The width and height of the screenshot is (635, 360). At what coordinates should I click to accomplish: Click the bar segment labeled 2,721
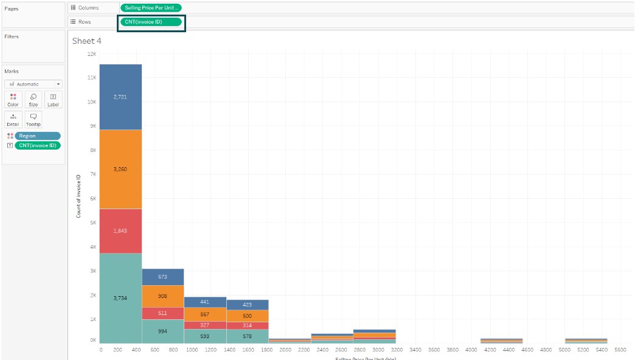(x=120, y=97)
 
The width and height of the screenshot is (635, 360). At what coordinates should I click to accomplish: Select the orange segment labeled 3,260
(x=120, y=169)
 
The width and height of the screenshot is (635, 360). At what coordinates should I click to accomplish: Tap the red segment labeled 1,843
(x=120, y=230)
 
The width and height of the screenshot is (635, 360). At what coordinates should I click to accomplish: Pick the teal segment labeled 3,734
(x=120, y=298)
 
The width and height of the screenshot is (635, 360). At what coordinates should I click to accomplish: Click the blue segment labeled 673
(x=162, y=277)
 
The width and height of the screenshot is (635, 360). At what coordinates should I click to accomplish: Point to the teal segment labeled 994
(x=162, y=331)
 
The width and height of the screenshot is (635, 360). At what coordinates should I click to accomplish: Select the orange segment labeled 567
(x=205, y=314)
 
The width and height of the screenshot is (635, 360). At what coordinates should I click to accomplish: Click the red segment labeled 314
(x=247, y=325)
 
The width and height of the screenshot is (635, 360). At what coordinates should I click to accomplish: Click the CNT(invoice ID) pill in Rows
(x=151, y=22)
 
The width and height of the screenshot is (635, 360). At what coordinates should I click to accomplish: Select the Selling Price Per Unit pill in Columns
(x=150, y=7)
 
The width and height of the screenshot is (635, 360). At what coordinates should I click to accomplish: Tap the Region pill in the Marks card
(x=38, y=136)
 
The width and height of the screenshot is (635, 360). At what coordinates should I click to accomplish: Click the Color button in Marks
(x=13, y=100)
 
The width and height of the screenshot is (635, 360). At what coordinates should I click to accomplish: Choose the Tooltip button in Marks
(x=33, y=119)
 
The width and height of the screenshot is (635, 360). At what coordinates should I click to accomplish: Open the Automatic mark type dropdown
(x=33, y=84)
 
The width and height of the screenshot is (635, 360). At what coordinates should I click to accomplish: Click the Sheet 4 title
(x=86, y=41)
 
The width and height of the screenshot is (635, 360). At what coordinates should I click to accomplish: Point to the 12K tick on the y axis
(x=92, y=54)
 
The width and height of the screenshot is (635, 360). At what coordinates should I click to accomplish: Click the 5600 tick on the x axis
(x=620, y=350)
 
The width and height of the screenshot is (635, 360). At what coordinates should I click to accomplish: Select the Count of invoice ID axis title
(x=78, y=196)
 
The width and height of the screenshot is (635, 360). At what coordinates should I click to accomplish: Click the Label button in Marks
(x=53, y=100)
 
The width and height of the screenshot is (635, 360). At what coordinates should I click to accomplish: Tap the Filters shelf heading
(x=12, y=36)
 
